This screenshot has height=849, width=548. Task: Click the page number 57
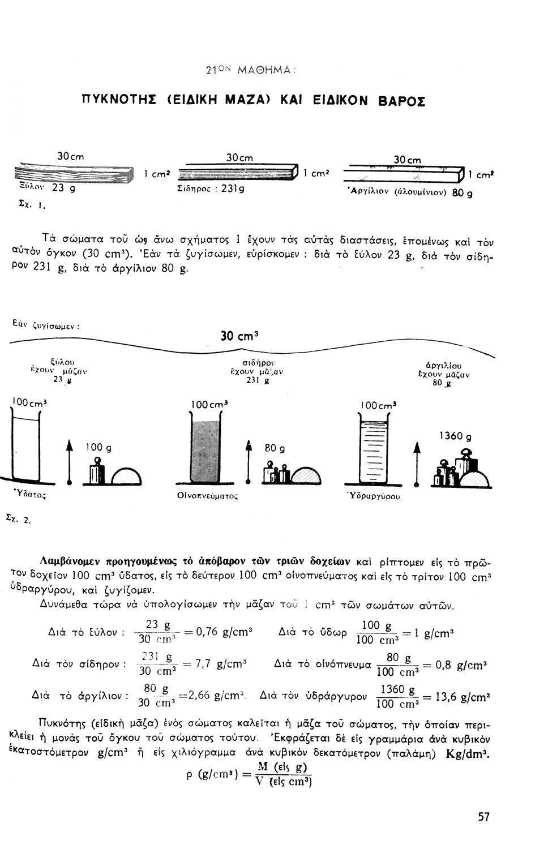pyautogui.click(x=483, y=817)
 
